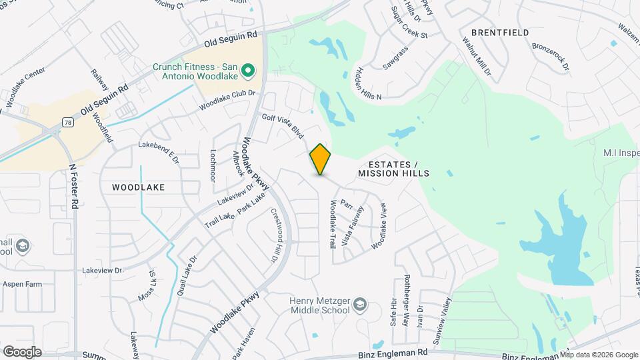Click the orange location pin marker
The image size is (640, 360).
pos(320,159)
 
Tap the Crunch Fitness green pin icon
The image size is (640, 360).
pos(248,70)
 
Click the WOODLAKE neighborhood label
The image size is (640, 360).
pos(138,187)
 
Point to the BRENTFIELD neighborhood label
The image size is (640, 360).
pos(500,33)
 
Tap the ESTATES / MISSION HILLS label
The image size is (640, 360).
pos(393,169)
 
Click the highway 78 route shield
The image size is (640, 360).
pos(67,122)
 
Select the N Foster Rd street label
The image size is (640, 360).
pos(75,185)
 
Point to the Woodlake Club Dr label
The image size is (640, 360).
pos(227,101)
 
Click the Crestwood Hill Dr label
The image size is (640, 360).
pos(274,235)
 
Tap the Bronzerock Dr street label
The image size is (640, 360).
pos(550,57)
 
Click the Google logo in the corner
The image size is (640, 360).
pos(22,351)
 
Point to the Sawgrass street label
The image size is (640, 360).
pos(395,59)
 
